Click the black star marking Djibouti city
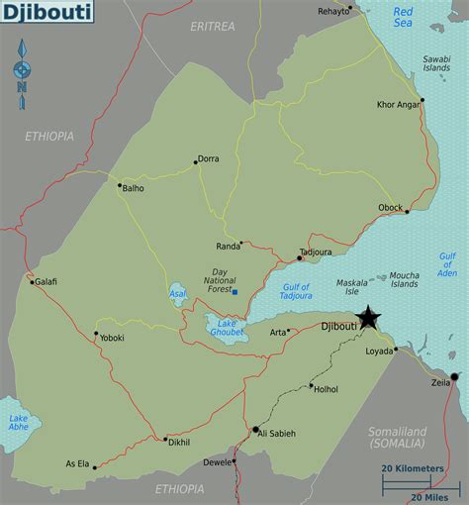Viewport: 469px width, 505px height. [368, 318]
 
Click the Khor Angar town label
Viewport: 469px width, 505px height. [398, 105]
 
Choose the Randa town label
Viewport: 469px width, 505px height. [228, 247]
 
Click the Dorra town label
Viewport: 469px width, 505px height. [209, 158]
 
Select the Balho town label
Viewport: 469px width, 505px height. [133, 187]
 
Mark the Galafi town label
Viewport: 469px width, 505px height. [47, 282]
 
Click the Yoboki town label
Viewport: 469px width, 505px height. [112, 337]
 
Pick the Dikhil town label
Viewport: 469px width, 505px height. [179, 442]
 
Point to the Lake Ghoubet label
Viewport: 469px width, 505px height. [227, 327]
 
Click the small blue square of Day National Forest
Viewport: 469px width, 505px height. [234, 291]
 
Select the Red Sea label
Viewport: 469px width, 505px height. [403, 16]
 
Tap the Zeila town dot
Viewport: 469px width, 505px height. [455, 377]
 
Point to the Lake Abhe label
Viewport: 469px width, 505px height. [19, 423]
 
